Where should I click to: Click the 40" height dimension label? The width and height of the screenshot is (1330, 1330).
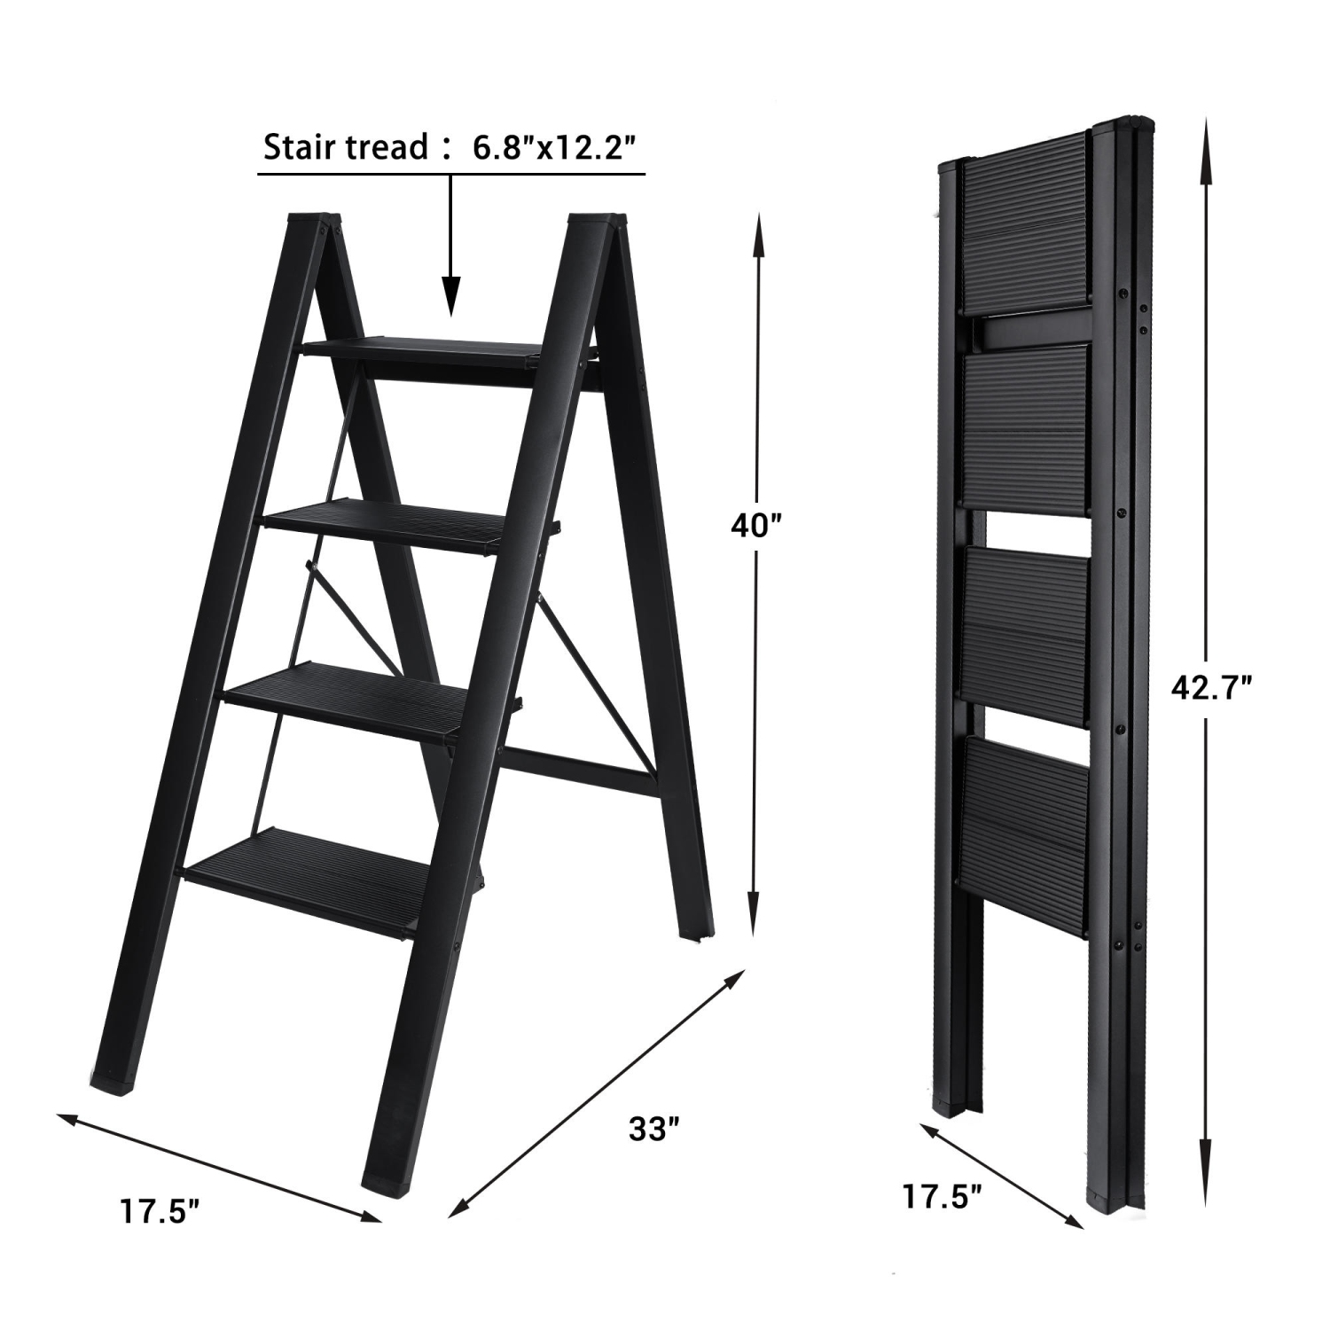[x=755, y=527]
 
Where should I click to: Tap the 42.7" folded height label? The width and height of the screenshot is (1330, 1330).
[x=1210, y=687]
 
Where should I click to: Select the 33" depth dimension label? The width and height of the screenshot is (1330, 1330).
[x=653, y=1130]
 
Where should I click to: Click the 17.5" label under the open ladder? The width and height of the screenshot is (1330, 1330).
[x=160, y=1211]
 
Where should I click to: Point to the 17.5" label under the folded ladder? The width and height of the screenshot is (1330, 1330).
[x=942, y=1196]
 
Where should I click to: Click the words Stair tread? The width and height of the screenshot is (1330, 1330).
[x=346, y=148]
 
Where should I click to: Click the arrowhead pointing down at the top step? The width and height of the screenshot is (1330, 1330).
[x=451, y=297]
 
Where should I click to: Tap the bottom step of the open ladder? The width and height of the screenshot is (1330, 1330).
[x=301, y=878]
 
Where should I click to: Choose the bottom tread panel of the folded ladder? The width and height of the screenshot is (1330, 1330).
[x=1024, y=833]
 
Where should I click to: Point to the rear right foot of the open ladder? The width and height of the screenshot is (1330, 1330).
[x=697, y=934]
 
